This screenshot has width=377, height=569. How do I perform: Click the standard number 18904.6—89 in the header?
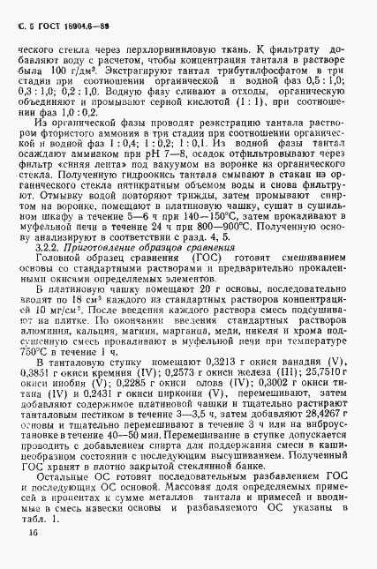[67, 11]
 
